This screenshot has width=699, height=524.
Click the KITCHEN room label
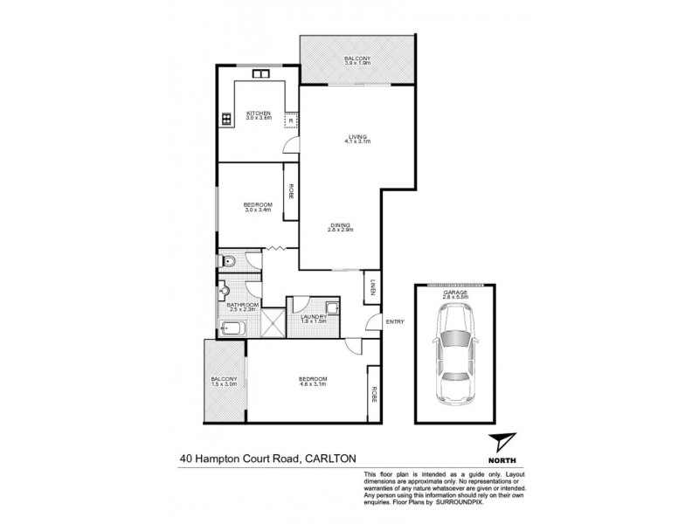[x=258, y=113]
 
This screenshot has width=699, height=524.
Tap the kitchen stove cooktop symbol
[x=225, y=117]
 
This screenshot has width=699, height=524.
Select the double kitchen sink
[x=260, y=76]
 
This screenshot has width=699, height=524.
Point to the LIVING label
[x=355, y=137]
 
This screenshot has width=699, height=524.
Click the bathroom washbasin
[x=225, y=290]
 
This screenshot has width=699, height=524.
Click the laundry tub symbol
[x=333, y=307]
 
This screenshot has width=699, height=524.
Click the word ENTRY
[x=395, y=322]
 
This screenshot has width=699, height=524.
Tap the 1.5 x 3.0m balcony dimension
[x=224, y=384]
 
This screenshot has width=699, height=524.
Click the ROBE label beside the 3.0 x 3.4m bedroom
[x=290, y=190]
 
